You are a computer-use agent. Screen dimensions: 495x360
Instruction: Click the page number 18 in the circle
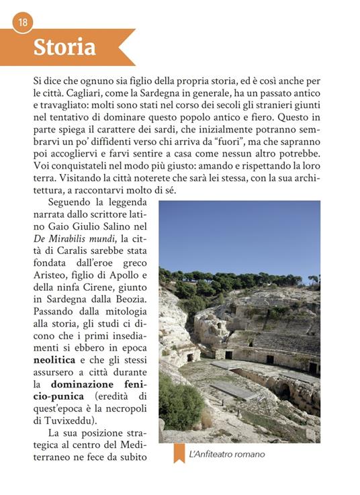(23, 22)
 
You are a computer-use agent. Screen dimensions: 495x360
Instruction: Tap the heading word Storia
(64, 48)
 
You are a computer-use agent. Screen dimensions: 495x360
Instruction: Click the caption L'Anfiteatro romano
(227, 455)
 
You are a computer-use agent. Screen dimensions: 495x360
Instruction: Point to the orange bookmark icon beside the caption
(179, 453)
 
